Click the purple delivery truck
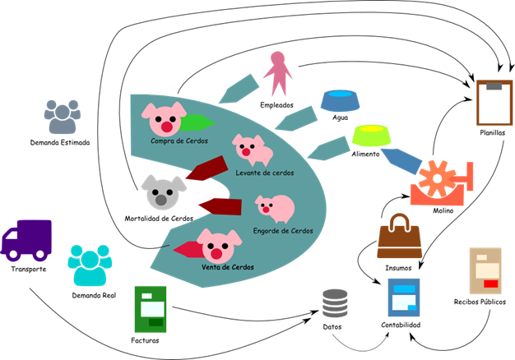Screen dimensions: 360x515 26,239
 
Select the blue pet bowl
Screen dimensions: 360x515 340,100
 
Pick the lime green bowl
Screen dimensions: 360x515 371,135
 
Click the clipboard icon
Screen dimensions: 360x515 494,103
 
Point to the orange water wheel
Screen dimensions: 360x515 440,183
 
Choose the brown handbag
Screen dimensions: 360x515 400,238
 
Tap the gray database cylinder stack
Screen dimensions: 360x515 335,302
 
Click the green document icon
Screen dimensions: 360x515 151,309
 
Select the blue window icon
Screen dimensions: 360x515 404,297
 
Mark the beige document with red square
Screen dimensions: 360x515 485,270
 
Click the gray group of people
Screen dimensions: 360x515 63,118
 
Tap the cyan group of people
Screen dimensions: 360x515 90,265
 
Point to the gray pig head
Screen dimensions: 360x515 163,192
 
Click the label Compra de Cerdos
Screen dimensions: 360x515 179,141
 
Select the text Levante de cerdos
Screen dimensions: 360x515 264,173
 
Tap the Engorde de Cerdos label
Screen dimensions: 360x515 283,231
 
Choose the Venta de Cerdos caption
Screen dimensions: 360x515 228,267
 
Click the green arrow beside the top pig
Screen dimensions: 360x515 197,123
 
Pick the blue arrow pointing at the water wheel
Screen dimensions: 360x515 400,160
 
